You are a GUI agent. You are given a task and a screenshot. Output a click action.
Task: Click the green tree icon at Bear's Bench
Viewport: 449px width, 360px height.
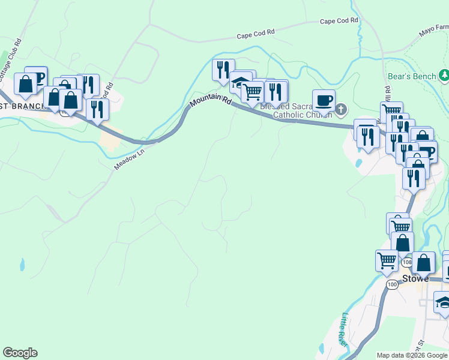point(444,76)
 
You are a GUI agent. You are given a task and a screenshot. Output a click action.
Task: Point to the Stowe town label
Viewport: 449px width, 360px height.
point(415,278)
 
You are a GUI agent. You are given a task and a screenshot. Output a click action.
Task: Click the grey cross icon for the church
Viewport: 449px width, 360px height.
point(341,109)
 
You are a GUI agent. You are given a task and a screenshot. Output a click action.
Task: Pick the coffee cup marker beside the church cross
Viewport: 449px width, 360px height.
point(324,100)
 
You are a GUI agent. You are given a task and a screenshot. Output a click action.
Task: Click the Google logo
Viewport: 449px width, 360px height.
point(20,353)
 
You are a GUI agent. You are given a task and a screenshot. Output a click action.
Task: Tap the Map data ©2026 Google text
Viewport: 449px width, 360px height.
point(412,355)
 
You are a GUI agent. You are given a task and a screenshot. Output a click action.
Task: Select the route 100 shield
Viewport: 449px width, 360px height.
point(391,284)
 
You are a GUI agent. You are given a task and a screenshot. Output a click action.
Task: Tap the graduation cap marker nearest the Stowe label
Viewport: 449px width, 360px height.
point(443,303)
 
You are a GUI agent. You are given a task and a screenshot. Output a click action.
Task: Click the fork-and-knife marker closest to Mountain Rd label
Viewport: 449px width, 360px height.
point(223,70)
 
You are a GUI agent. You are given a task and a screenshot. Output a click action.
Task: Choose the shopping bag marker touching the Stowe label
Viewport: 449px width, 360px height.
point(424,262)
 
